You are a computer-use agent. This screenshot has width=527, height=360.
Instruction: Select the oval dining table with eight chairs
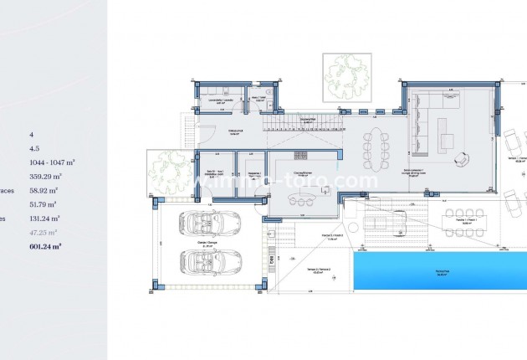(375, 147)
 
